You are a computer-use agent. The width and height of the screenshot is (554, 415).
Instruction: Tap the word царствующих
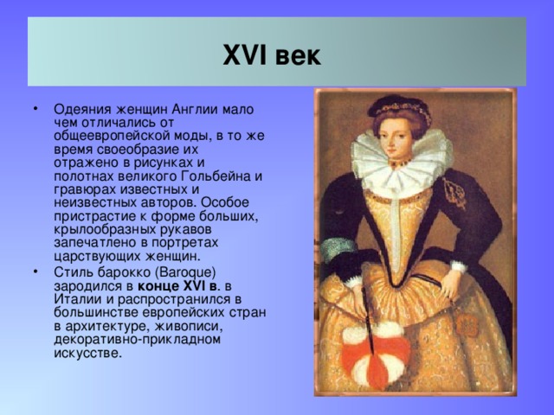pyautogui.click(x=93, y=255)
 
